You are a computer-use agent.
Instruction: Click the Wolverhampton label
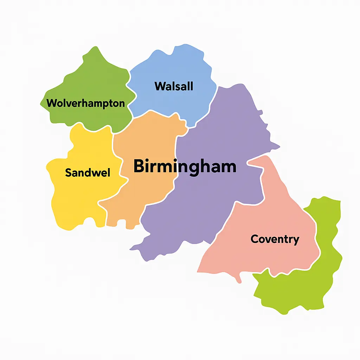pos(85,103)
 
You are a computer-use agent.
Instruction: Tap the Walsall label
pos(174,86)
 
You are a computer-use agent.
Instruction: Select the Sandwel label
pos(88,173)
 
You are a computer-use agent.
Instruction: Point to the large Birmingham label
pos(185,166)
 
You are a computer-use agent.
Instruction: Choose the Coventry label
pos(275,239)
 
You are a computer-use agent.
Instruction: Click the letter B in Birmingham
pos(139,166)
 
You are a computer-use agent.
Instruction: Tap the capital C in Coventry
pos(255,239)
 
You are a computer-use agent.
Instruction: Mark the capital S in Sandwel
pos(69,173)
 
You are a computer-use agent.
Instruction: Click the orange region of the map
pos(148,197)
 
